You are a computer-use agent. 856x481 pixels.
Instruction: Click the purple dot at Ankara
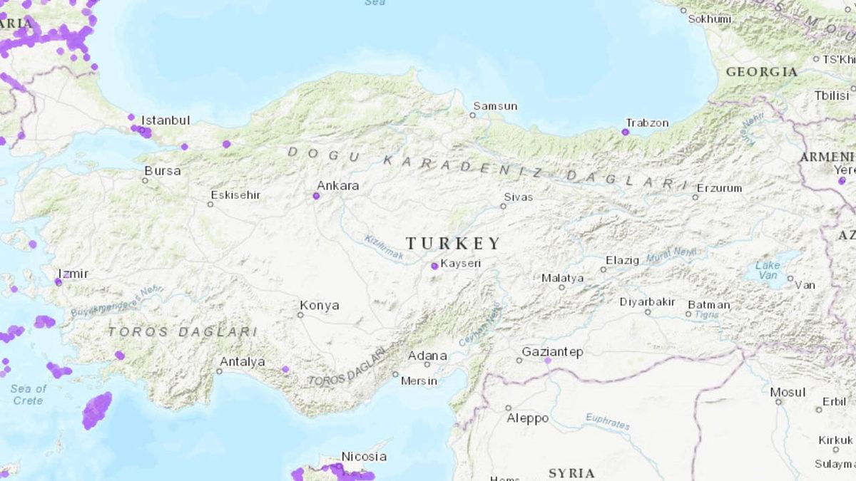pyautogui.click(x=316, y=195)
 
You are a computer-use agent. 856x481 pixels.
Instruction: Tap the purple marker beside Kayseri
pyautogui.click(x=434, y=266)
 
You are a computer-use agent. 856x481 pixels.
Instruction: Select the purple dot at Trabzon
pyautogui.click(x=626, y=132)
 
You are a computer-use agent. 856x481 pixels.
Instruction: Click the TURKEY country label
pyautogui.click(x=454, y=243)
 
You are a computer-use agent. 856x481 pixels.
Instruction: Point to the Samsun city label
pyautogui.click(x=495, y=106)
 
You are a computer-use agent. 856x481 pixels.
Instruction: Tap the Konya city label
pyautogui.click(x=319, y=306)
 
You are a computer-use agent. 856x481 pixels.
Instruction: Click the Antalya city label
pyautogui.click(x=242, y=362)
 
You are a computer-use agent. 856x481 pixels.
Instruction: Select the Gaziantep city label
pyautogui.click(x=552, y=352)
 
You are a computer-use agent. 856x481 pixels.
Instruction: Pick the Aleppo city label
pyautogui.click(x=529, y=418)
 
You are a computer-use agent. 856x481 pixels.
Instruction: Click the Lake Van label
pyautogui.click(x=768, y=270)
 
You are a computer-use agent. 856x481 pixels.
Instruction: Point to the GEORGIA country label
pyautogui.click(x=761, y=72)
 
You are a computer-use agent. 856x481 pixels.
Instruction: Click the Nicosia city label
pyautogui.click(x=364, y=457)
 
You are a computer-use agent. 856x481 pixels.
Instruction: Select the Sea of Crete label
pyautogui.click(x=29, y=394)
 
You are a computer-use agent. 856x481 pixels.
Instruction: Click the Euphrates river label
pyautogui.click(x=608, y=421)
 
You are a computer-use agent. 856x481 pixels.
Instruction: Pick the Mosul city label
pyautogui.click(x=788, y=392)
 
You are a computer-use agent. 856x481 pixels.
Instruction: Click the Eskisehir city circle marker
pyautogui.click(x=210, y=205)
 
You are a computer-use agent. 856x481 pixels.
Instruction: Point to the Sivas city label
pyautogui.click(x=518, y=197)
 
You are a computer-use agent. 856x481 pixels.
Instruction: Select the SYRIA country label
pyautogui.click(x=571, y=473)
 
